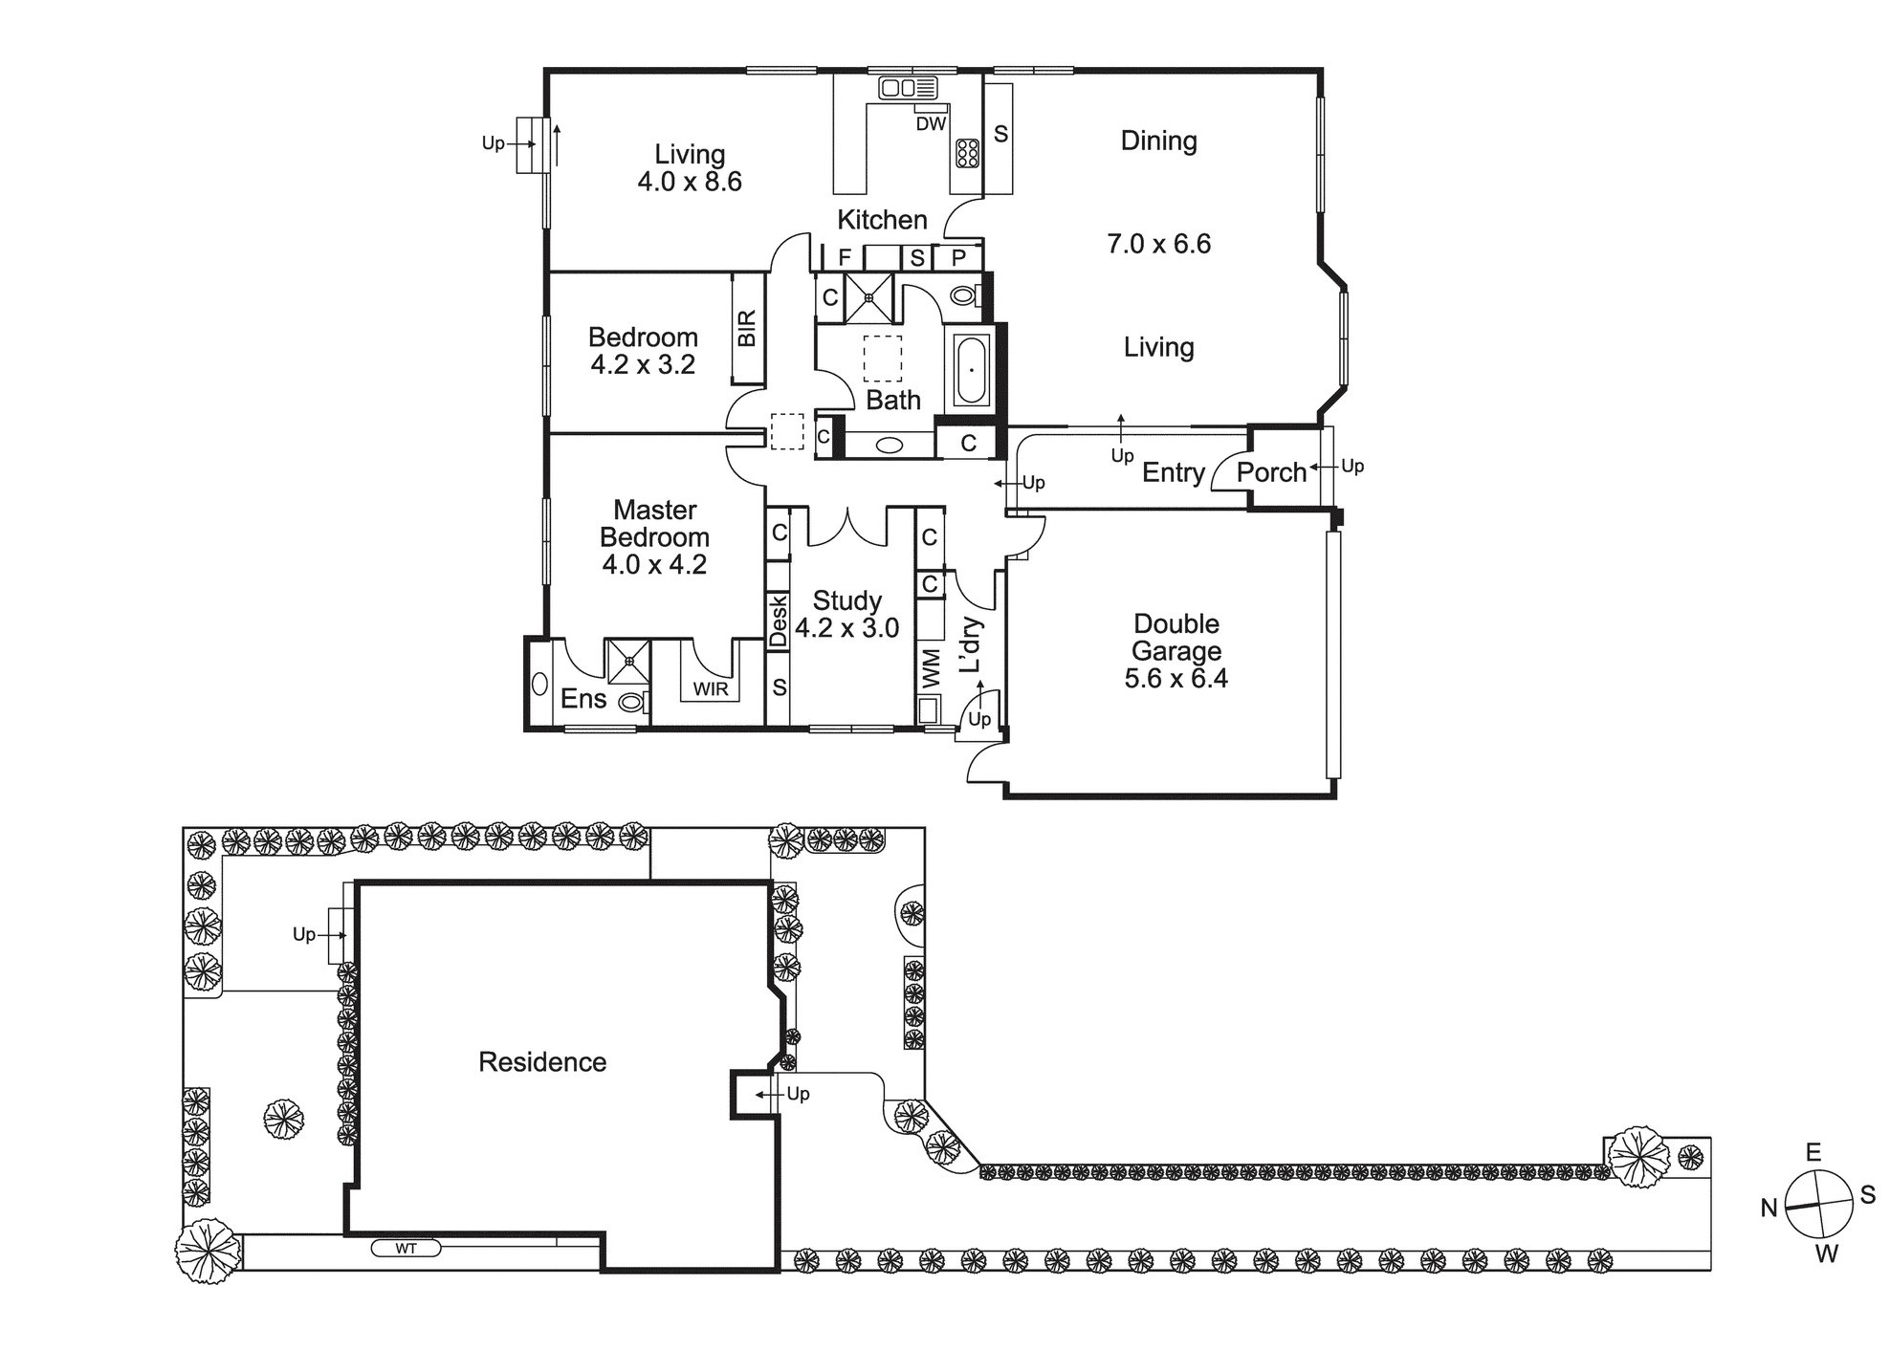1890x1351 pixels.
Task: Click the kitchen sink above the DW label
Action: coord(908,89)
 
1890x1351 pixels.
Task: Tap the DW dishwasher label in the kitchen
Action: coord(931,123)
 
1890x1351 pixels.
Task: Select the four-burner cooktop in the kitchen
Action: coord(967,153)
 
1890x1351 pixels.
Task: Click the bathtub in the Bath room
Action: coord(971,369)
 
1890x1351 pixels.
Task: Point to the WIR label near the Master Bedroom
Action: coord(711,688)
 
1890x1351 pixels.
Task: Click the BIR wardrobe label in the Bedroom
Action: coord(747,328)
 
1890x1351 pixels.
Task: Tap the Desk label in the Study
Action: coord(778,621)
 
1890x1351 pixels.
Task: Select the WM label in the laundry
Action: coord(931,668)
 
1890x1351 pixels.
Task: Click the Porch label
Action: coord(1271,471)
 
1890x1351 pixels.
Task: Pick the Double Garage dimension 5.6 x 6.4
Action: coord(1176,678)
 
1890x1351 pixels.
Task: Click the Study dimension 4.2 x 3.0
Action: coord(847,627)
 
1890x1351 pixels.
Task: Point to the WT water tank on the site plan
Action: coord(406,1248)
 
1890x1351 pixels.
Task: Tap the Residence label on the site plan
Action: coord(542,1061)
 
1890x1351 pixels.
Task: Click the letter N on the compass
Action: coord(1769,1209)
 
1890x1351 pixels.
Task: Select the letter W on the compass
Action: coord(1826,1253)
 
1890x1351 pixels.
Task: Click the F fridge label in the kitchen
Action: coord(845,257)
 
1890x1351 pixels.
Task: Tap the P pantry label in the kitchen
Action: coord(958,257)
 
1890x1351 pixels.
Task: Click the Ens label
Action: coord(583,699)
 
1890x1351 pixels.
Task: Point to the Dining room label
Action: coord(1158,141)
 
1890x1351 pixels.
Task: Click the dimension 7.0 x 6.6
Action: coord(1158,244)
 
